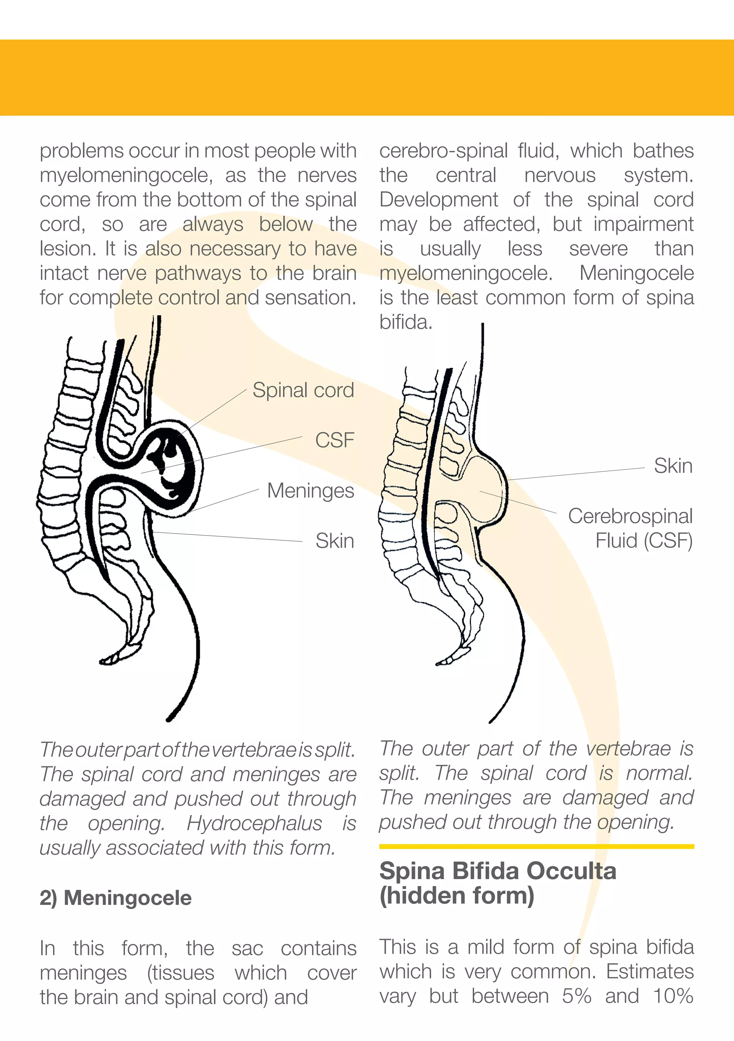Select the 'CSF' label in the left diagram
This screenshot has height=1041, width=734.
pos(334,440)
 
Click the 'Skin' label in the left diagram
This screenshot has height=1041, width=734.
pos(334,541)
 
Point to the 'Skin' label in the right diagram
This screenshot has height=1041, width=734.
pos(673,466)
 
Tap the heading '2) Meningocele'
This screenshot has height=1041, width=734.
pos(116,898)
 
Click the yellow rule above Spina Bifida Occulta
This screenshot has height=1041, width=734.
pos(536,846)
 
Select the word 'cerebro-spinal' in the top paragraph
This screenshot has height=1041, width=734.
pos(443,151)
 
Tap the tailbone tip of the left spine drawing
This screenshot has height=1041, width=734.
pos(109,660)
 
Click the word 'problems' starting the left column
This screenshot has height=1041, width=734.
pos(81,151)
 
